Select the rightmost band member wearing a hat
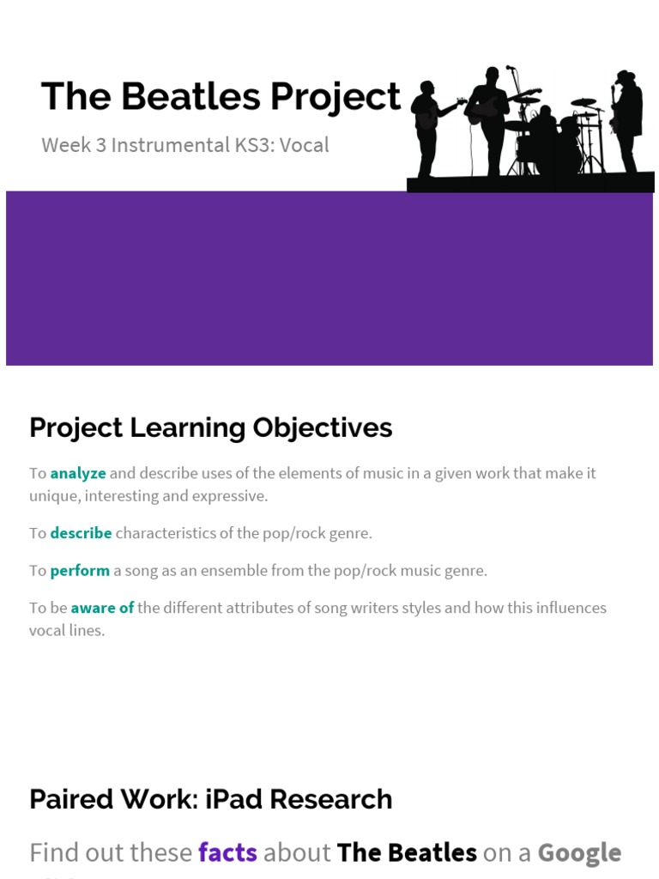627,120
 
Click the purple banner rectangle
329,278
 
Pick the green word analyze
78,473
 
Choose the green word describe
81,533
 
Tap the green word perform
80,570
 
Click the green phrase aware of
102,608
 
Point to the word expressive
232,496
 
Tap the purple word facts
227,852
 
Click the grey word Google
579,852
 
